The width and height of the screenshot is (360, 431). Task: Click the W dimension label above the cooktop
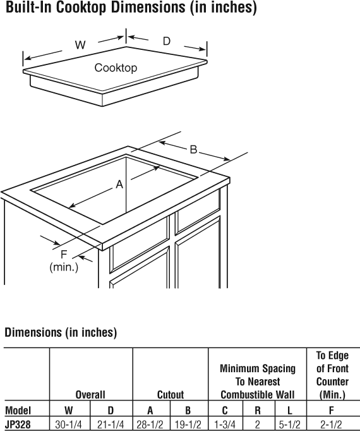80,45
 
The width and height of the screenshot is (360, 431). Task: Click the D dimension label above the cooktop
167,41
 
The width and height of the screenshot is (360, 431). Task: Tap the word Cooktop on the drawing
116,68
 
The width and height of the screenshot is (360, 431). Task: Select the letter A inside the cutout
119,184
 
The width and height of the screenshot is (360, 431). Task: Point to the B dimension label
193,150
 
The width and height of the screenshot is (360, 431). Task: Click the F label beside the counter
64,255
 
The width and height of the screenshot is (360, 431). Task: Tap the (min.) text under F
64,267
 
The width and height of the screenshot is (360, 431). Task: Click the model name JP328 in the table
18,425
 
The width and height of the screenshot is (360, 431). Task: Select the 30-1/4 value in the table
68,425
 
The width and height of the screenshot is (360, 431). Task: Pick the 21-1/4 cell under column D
111,425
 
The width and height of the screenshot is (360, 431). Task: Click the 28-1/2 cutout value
150,425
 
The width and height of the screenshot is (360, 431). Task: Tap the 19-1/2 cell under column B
188,425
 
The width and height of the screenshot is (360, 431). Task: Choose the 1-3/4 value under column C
225,425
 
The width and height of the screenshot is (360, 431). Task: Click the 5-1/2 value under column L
290,425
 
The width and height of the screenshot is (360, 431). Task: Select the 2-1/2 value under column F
331,425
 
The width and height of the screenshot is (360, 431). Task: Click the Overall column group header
90,395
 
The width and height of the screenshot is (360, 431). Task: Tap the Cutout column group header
171,395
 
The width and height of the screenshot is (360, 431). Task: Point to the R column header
258,410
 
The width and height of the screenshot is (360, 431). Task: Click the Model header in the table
18,410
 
